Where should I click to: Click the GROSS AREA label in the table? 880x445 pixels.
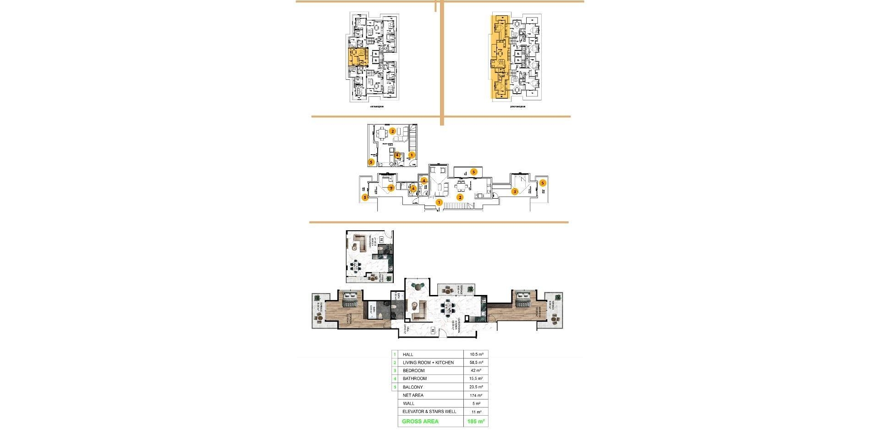click(420, 422)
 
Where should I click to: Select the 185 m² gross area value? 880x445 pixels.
click(476, 422)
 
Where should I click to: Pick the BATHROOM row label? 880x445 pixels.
click(414, 379)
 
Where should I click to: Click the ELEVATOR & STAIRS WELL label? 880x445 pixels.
click(429, 412)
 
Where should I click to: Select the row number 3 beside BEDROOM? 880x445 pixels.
click(395, 371)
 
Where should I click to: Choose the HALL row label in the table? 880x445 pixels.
click(408, 355)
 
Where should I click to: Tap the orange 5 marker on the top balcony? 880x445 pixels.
click(473, 172)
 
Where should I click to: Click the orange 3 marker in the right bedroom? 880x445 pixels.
click(515, 192)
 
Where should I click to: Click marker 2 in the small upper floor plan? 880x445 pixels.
click(392, 131)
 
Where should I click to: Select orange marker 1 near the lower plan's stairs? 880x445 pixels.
click(439, 202)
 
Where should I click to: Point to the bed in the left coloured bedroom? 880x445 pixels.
click(351, 300)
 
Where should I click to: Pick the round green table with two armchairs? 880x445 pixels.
click(418, 287)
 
